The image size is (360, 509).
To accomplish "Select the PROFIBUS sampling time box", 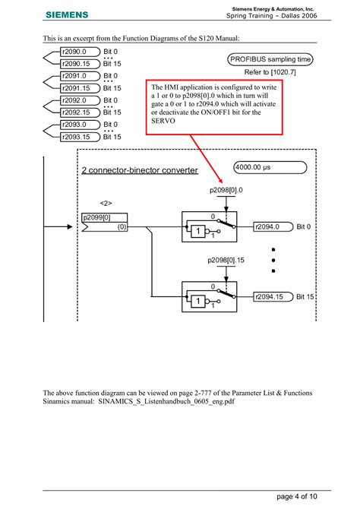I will pyautogui.click(x=270, y=59).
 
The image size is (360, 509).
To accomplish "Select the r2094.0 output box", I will pyautogui.click(x=271, y=226).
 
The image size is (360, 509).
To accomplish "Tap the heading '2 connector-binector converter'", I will pyautogui.click(x=139, y=170).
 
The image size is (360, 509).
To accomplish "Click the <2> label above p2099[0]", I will pyautogui.click(x=107, y=203).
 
